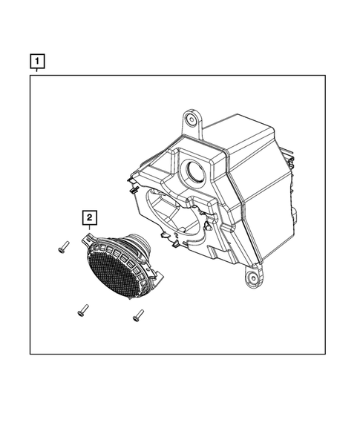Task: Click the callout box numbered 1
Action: pos(36,59)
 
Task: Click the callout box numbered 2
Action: pos(89,217)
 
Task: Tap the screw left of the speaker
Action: pos(62,249)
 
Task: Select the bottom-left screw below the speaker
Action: pos(83,311)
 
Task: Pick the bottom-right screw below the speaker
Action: pos(137,317)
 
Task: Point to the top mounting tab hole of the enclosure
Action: pos(192,119)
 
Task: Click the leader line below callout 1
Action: pos(36,70)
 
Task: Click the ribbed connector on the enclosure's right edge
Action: pos(295,215)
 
